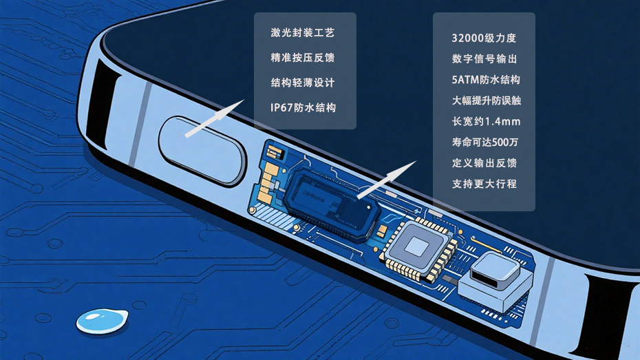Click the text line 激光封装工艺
point(302,32)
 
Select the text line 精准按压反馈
point(302,58)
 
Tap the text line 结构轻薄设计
point(302,83)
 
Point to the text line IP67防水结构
point(303,107)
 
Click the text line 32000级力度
point(484,38)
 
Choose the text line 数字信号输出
point(484,59)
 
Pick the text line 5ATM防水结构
point(486,80)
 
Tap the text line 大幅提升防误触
point(486,100)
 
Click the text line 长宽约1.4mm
point(486,121)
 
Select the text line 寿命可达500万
point(485,142)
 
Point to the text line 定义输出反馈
point(484,163)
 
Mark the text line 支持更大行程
point(484,184)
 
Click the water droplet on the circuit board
point(102,321)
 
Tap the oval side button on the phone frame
point(203,151)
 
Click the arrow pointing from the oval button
point(214,118)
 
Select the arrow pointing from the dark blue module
point(387,180)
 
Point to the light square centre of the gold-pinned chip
point(417,246)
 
